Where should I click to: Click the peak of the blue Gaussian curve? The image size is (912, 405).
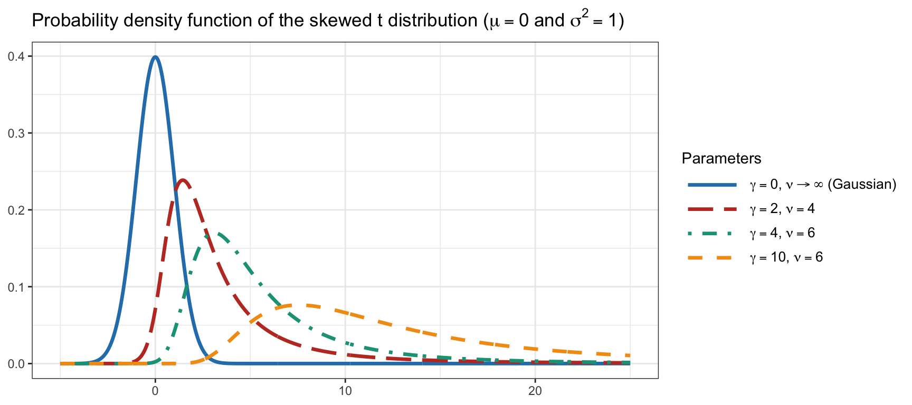click(x=155, y=56)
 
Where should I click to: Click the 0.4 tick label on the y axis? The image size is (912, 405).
click(x=16, y=56)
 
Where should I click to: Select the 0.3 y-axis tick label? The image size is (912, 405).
click(x=16, y=133)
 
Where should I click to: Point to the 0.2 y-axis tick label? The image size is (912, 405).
click(x=16, y=210)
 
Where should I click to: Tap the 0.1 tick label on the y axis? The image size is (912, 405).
click(x=16, y=287)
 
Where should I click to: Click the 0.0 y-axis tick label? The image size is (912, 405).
click(x=16, y=364)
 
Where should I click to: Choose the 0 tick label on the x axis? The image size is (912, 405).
click(x=155, y=391)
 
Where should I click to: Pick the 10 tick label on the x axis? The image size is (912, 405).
click(x=345, y=391)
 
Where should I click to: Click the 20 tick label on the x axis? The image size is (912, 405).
click(x=535, y=391)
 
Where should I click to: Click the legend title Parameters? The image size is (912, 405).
click(x=721, y=159)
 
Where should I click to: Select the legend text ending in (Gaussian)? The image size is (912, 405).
click(x=823, y=185)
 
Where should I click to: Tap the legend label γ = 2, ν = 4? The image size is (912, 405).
click(x=782, y=209)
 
